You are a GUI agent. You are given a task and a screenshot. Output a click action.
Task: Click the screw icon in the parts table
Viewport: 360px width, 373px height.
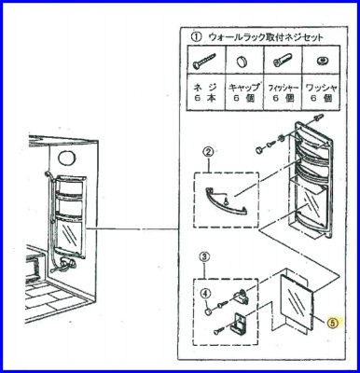201,59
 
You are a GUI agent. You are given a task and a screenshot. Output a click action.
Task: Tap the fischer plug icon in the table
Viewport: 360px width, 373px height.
280,59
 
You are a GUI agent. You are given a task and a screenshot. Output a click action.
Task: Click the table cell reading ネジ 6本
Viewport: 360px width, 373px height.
201,92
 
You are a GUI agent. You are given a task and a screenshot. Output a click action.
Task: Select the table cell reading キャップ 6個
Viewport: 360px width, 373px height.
240,92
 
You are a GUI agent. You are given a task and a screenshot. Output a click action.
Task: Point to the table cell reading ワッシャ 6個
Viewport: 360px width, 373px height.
318,92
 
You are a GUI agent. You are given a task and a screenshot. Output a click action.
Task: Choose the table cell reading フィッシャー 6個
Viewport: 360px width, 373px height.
280,92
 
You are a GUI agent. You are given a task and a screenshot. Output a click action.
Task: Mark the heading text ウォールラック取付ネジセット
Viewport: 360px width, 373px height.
265,38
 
